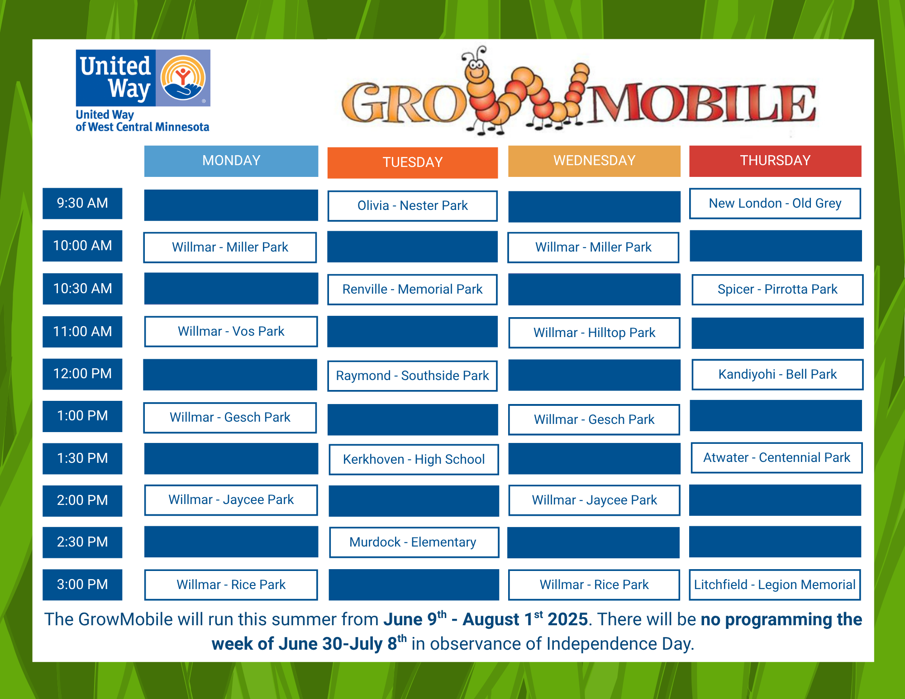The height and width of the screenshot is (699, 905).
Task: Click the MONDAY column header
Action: coord(231,161)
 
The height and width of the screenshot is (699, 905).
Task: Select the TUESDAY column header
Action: coord(412,162)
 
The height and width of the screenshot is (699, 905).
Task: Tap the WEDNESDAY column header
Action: coord(594,161)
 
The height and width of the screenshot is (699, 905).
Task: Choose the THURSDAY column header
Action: coord(775,161)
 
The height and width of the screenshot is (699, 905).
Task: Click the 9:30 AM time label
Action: coord(82,203)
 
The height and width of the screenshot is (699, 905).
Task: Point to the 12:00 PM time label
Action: coord(82,374)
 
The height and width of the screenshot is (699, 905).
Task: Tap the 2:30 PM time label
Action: coord(82,542)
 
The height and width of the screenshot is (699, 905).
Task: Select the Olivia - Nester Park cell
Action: coord(412,206)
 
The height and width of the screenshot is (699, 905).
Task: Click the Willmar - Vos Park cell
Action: coord(231,332)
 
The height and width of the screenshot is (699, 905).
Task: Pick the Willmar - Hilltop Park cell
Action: coord(594,333)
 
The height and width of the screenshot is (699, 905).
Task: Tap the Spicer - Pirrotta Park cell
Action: coord(777,290)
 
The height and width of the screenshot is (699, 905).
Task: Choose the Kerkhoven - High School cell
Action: coord(414,460)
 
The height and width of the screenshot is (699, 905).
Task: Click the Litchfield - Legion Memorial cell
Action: coord(775,585)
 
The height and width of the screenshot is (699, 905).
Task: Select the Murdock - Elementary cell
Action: coord(414,542)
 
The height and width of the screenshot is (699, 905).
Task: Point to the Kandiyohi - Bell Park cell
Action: coord(777,375)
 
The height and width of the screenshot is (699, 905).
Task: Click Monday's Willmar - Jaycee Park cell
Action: coord(231,500)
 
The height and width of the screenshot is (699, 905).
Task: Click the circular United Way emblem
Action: coord(183,78)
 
